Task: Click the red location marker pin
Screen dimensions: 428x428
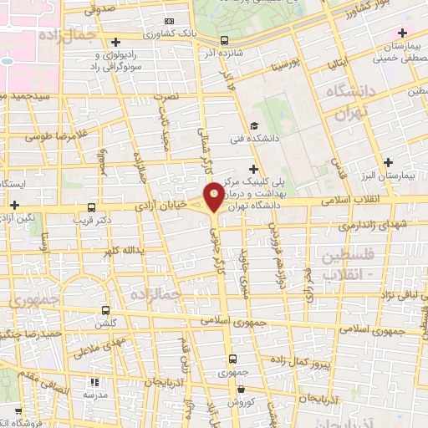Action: coord(214,196)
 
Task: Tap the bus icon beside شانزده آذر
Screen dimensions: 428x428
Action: coord(224,40)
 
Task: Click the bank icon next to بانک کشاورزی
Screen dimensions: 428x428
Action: coord(170,21)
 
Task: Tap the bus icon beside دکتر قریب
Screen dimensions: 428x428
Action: coord(91,206)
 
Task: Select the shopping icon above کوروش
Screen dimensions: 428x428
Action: coord(240,389)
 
